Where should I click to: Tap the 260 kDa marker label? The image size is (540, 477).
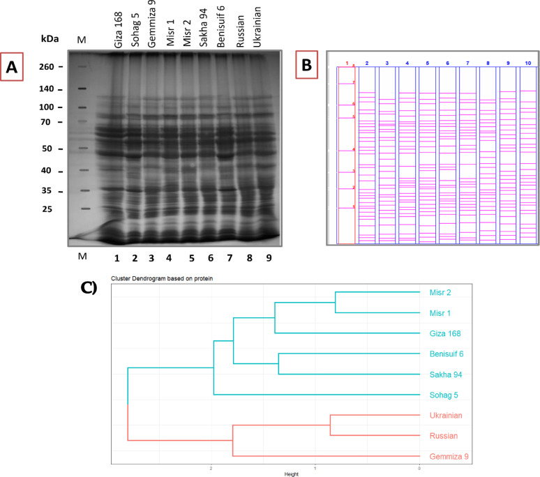(52, 67)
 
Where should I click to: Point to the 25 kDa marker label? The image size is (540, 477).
(54, 209)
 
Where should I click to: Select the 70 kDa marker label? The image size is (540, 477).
(54, 122)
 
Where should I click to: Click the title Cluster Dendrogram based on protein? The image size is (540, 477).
(155, 279)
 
